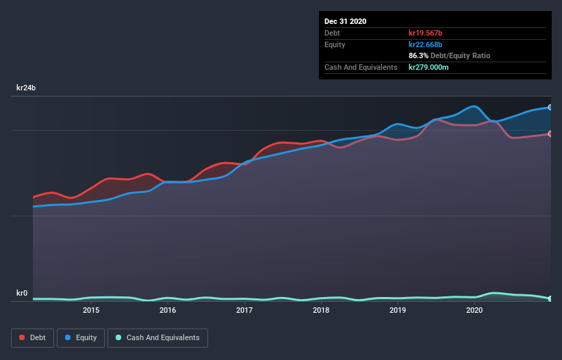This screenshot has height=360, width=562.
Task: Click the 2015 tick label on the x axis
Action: (91, 310)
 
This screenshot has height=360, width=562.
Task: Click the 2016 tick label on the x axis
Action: (168, 310)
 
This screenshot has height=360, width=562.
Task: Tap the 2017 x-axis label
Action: (244, 310)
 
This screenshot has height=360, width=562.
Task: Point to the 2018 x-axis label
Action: (321, 310)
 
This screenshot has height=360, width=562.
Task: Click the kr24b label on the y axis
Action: (26, 88)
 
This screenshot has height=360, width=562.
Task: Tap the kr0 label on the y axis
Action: (22, 294)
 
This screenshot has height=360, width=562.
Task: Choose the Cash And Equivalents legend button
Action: (157, 337)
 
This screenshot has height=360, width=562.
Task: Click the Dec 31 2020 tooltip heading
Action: (345, 21)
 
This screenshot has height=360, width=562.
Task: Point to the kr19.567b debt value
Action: (426, 33)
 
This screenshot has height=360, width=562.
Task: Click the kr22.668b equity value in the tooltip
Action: (426, 44)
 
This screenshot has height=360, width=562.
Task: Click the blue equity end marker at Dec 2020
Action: (550, 107)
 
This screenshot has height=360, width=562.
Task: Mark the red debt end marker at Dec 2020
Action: (550, 133)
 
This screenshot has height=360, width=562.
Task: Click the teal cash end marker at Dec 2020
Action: (550, 298)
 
